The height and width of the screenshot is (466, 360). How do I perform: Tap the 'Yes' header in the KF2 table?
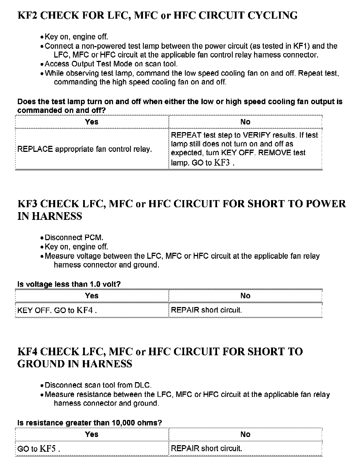tap(92, 122)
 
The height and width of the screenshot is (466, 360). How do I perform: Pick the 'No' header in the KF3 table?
tap(245, 295)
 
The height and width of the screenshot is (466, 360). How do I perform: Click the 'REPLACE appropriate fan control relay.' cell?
tap(85, 149)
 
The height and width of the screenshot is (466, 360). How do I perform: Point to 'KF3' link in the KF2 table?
tap(222, 163)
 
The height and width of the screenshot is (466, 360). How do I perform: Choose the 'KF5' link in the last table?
tap(48, 449)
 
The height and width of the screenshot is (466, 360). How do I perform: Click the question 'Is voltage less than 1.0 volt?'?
tap(69, 284)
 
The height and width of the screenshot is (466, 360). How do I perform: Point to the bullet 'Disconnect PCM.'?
tap(74, 237)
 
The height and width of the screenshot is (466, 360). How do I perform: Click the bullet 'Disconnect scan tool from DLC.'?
tap(98, 385)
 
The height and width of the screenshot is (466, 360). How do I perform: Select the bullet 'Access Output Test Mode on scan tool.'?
tap(111, 64)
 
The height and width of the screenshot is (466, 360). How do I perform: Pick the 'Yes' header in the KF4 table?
tap(92, 434)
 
